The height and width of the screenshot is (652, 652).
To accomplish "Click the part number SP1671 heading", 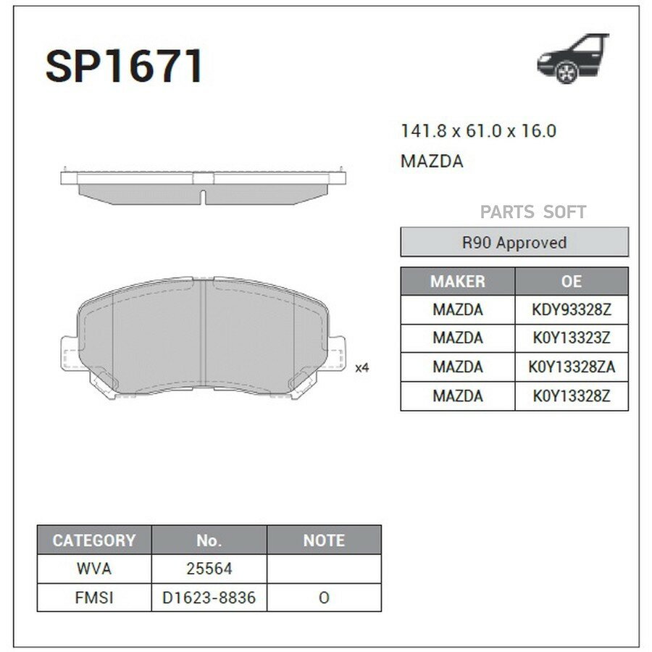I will tap(124, 67).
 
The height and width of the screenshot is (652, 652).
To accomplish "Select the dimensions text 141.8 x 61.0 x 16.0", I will tap(478, 131).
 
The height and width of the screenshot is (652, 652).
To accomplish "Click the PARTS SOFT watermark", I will tap(533, 212).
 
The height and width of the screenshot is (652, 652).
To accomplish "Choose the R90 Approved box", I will tap(514, 243).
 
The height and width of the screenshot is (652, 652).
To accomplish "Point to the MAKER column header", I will tap(458, 281).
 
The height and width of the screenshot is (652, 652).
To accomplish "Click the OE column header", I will tap(572, 281).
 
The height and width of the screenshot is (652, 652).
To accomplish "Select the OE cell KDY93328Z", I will tap(572, 309).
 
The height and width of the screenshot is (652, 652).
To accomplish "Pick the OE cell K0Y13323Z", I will tap(572, 338).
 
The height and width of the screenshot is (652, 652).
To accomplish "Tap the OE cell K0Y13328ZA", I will tap(572, 367).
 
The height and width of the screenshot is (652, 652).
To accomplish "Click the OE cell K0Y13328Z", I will tap(572, 396).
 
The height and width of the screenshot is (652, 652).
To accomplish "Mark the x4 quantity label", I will tap(362, 368).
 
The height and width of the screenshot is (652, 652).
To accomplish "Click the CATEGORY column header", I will tap(94, 540).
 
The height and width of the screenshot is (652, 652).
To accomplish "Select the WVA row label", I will tap(94, 569).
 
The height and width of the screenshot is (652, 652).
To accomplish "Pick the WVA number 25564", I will tap(209, 569).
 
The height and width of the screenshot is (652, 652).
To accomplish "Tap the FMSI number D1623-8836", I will tap(209, 598).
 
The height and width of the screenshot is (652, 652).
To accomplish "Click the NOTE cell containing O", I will tap(324, 598).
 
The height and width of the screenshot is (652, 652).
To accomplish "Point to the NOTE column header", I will tap(324, 540).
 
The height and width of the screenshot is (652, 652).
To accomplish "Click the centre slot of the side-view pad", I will tap(204, 195).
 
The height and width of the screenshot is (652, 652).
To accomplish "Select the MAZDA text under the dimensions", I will tap(432, 162).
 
